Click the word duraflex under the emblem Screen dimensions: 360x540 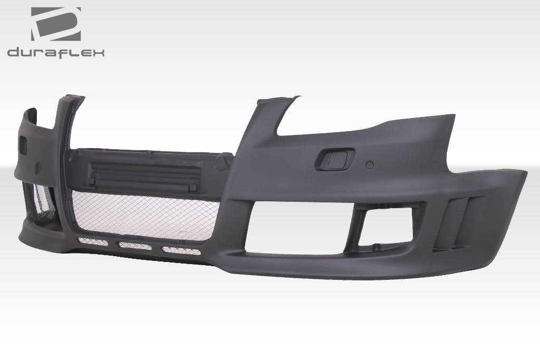click(x=56, y=52)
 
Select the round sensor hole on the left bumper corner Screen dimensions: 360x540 click(x=37, y=168)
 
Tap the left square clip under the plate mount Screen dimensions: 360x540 click(x=92, y=181)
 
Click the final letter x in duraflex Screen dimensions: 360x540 click(x=99, y=52)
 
